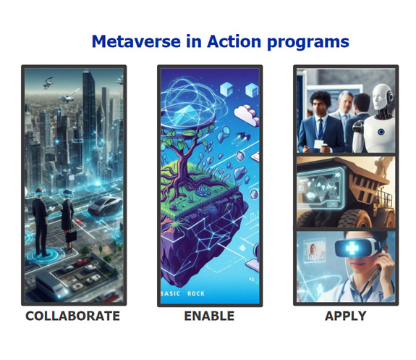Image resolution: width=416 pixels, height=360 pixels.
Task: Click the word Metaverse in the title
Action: click(136, 42)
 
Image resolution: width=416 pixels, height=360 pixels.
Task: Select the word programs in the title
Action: click(307, 43)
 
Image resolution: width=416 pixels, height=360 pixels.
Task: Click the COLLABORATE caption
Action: click(72, 316)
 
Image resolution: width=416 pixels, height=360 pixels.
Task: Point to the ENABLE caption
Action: click(209, 316)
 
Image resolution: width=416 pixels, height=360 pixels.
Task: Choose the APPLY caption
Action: click(345, 316)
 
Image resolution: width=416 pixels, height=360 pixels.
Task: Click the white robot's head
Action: click(382, 96)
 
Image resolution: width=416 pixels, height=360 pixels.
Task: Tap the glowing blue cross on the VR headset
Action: click(352, 248)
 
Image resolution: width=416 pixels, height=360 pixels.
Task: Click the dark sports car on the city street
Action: click(105, 206)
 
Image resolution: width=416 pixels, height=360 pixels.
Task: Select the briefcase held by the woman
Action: click(71, 236)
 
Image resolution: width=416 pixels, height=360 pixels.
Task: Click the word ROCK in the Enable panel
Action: click(196, 293)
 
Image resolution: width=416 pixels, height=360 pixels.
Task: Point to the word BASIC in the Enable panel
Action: click(170, 293)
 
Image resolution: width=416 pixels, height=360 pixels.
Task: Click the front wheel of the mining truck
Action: click(355, 219)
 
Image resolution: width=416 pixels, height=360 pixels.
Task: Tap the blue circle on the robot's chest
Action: click(381, 132)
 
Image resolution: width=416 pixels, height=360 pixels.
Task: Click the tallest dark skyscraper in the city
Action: click(89, 120)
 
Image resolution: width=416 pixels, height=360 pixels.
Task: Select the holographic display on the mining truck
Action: click(321, 188)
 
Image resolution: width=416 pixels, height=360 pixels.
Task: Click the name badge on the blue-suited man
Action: click(319, 143)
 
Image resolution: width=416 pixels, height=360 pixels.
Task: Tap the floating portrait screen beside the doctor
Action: click(315, 251)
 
